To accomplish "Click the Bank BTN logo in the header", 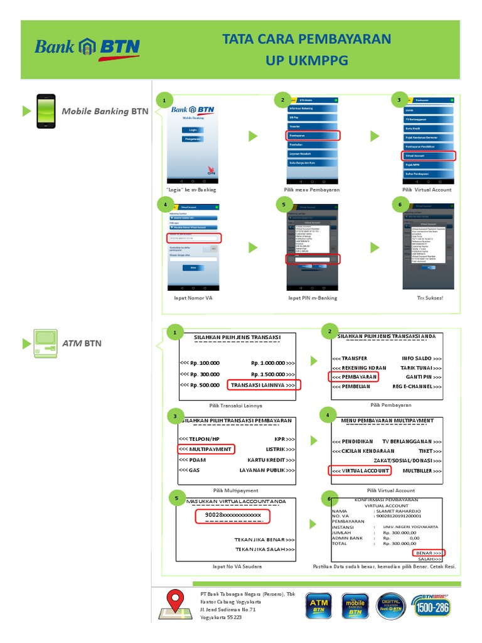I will (x=87, y=48).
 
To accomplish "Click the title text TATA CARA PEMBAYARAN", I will (x=306, y=40).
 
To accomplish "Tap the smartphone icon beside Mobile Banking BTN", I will (x=45, y=111).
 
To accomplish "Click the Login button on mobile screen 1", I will (x=193, y=129).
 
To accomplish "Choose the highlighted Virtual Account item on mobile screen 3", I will (x=429, y=156).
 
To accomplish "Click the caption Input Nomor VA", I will (x=193, y=298).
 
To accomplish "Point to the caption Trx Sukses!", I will (x=430, y=298).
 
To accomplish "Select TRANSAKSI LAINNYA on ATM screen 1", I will (x=264, y=384).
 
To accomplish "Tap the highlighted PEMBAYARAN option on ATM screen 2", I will (x=353, y=377).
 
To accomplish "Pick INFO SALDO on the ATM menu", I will (x=421, y=358).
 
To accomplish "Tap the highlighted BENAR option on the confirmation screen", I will (x=429, y=553).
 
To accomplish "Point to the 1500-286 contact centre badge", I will (x=432, y=605).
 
